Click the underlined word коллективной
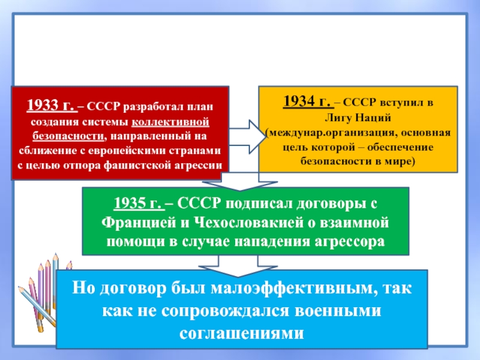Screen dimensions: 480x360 (x=170, y=122)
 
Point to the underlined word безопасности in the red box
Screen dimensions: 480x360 (x=68, y=136)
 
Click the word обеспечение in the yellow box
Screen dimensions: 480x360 (x=400, y=147)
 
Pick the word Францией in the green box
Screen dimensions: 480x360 (x=139, y=223)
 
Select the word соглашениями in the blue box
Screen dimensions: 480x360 (x=242, y=334)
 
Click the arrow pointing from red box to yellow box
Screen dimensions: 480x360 (x=247, y=137)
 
